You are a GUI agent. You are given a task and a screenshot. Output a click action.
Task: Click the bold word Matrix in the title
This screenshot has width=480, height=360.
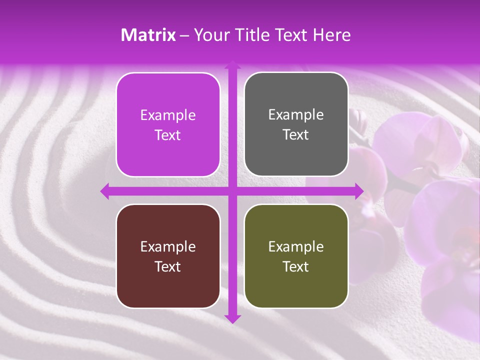pyautogui.click(x=148, y=35)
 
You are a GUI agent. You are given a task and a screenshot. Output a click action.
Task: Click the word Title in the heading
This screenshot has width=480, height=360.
pyautogui.click(x=248, y=35)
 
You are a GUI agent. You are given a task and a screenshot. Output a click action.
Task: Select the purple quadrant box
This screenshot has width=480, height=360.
pyautogui.click(x=168, y=124)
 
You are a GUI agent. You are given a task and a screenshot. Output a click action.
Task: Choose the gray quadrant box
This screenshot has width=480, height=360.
pyautogui.click(x=296, y=124)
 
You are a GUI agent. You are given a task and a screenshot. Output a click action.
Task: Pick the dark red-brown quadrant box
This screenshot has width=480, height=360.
pyautogui.click(x=168, y=256)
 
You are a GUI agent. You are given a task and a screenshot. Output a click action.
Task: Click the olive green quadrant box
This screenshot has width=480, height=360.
pyautogui.click(x=296, y=256)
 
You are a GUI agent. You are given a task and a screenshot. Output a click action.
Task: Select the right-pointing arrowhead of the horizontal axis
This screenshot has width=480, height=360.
pyautogui.click(x=358, y=191)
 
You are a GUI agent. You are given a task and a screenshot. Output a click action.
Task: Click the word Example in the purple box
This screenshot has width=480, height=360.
pyautogui.click(x=168, y=115)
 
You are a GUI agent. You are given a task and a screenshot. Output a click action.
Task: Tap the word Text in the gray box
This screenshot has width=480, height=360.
pyautogui.click(x=296, y=135)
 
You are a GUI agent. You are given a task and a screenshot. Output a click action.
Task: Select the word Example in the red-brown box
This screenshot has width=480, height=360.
pyautogui.click(x=168, y=246)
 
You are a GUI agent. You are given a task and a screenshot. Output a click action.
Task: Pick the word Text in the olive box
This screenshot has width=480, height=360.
pyautogui.click(x=296, y=266)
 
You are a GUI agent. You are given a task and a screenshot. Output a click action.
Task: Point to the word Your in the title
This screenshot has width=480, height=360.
pyautogui.click(x=210, y=35)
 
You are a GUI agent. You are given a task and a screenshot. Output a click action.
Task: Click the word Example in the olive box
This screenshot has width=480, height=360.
pyautogui.click(x=296, y=246)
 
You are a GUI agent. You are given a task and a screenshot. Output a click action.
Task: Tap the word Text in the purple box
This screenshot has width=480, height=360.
pyautogui.click(x=168, y=135)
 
